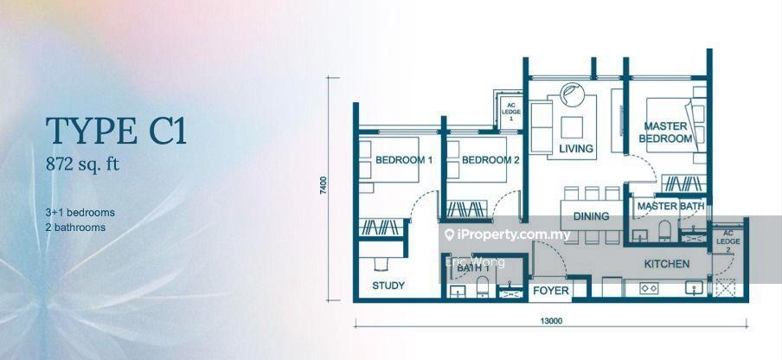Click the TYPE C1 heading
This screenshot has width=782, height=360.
coord(116,132)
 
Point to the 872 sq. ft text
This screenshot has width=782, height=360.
coord(83,164)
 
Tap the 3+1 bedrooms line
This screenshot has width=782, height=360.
coord(80,212)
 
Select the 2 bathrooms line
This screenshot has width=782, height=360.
coord(75,228)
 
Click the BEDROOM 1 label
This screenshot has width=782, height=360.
coord(404,160)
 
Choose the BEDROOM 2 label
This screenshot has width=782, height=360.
coord(490,160)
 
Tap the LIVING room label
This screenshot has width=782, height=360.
coord(576,149)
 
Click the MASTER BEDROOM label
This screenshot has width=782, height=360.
coord(665,132)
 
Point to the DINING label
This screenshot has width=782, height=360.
coord(591,216)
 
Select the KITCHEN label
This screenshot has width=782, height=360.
coord(667,264)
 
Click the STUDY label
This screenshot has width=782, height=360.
coord(388,286)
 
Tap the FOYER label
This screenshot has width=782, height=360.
coord(550,291)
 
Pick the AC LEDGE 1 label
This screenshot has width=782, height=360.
coord(510,112)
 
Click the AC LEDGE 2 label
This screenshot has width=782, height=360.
coord(728,241)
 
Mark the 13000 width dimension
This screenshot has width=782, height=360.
coord(551,321)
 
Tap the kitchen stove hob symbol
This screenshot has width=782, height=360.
coord(648,287)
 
